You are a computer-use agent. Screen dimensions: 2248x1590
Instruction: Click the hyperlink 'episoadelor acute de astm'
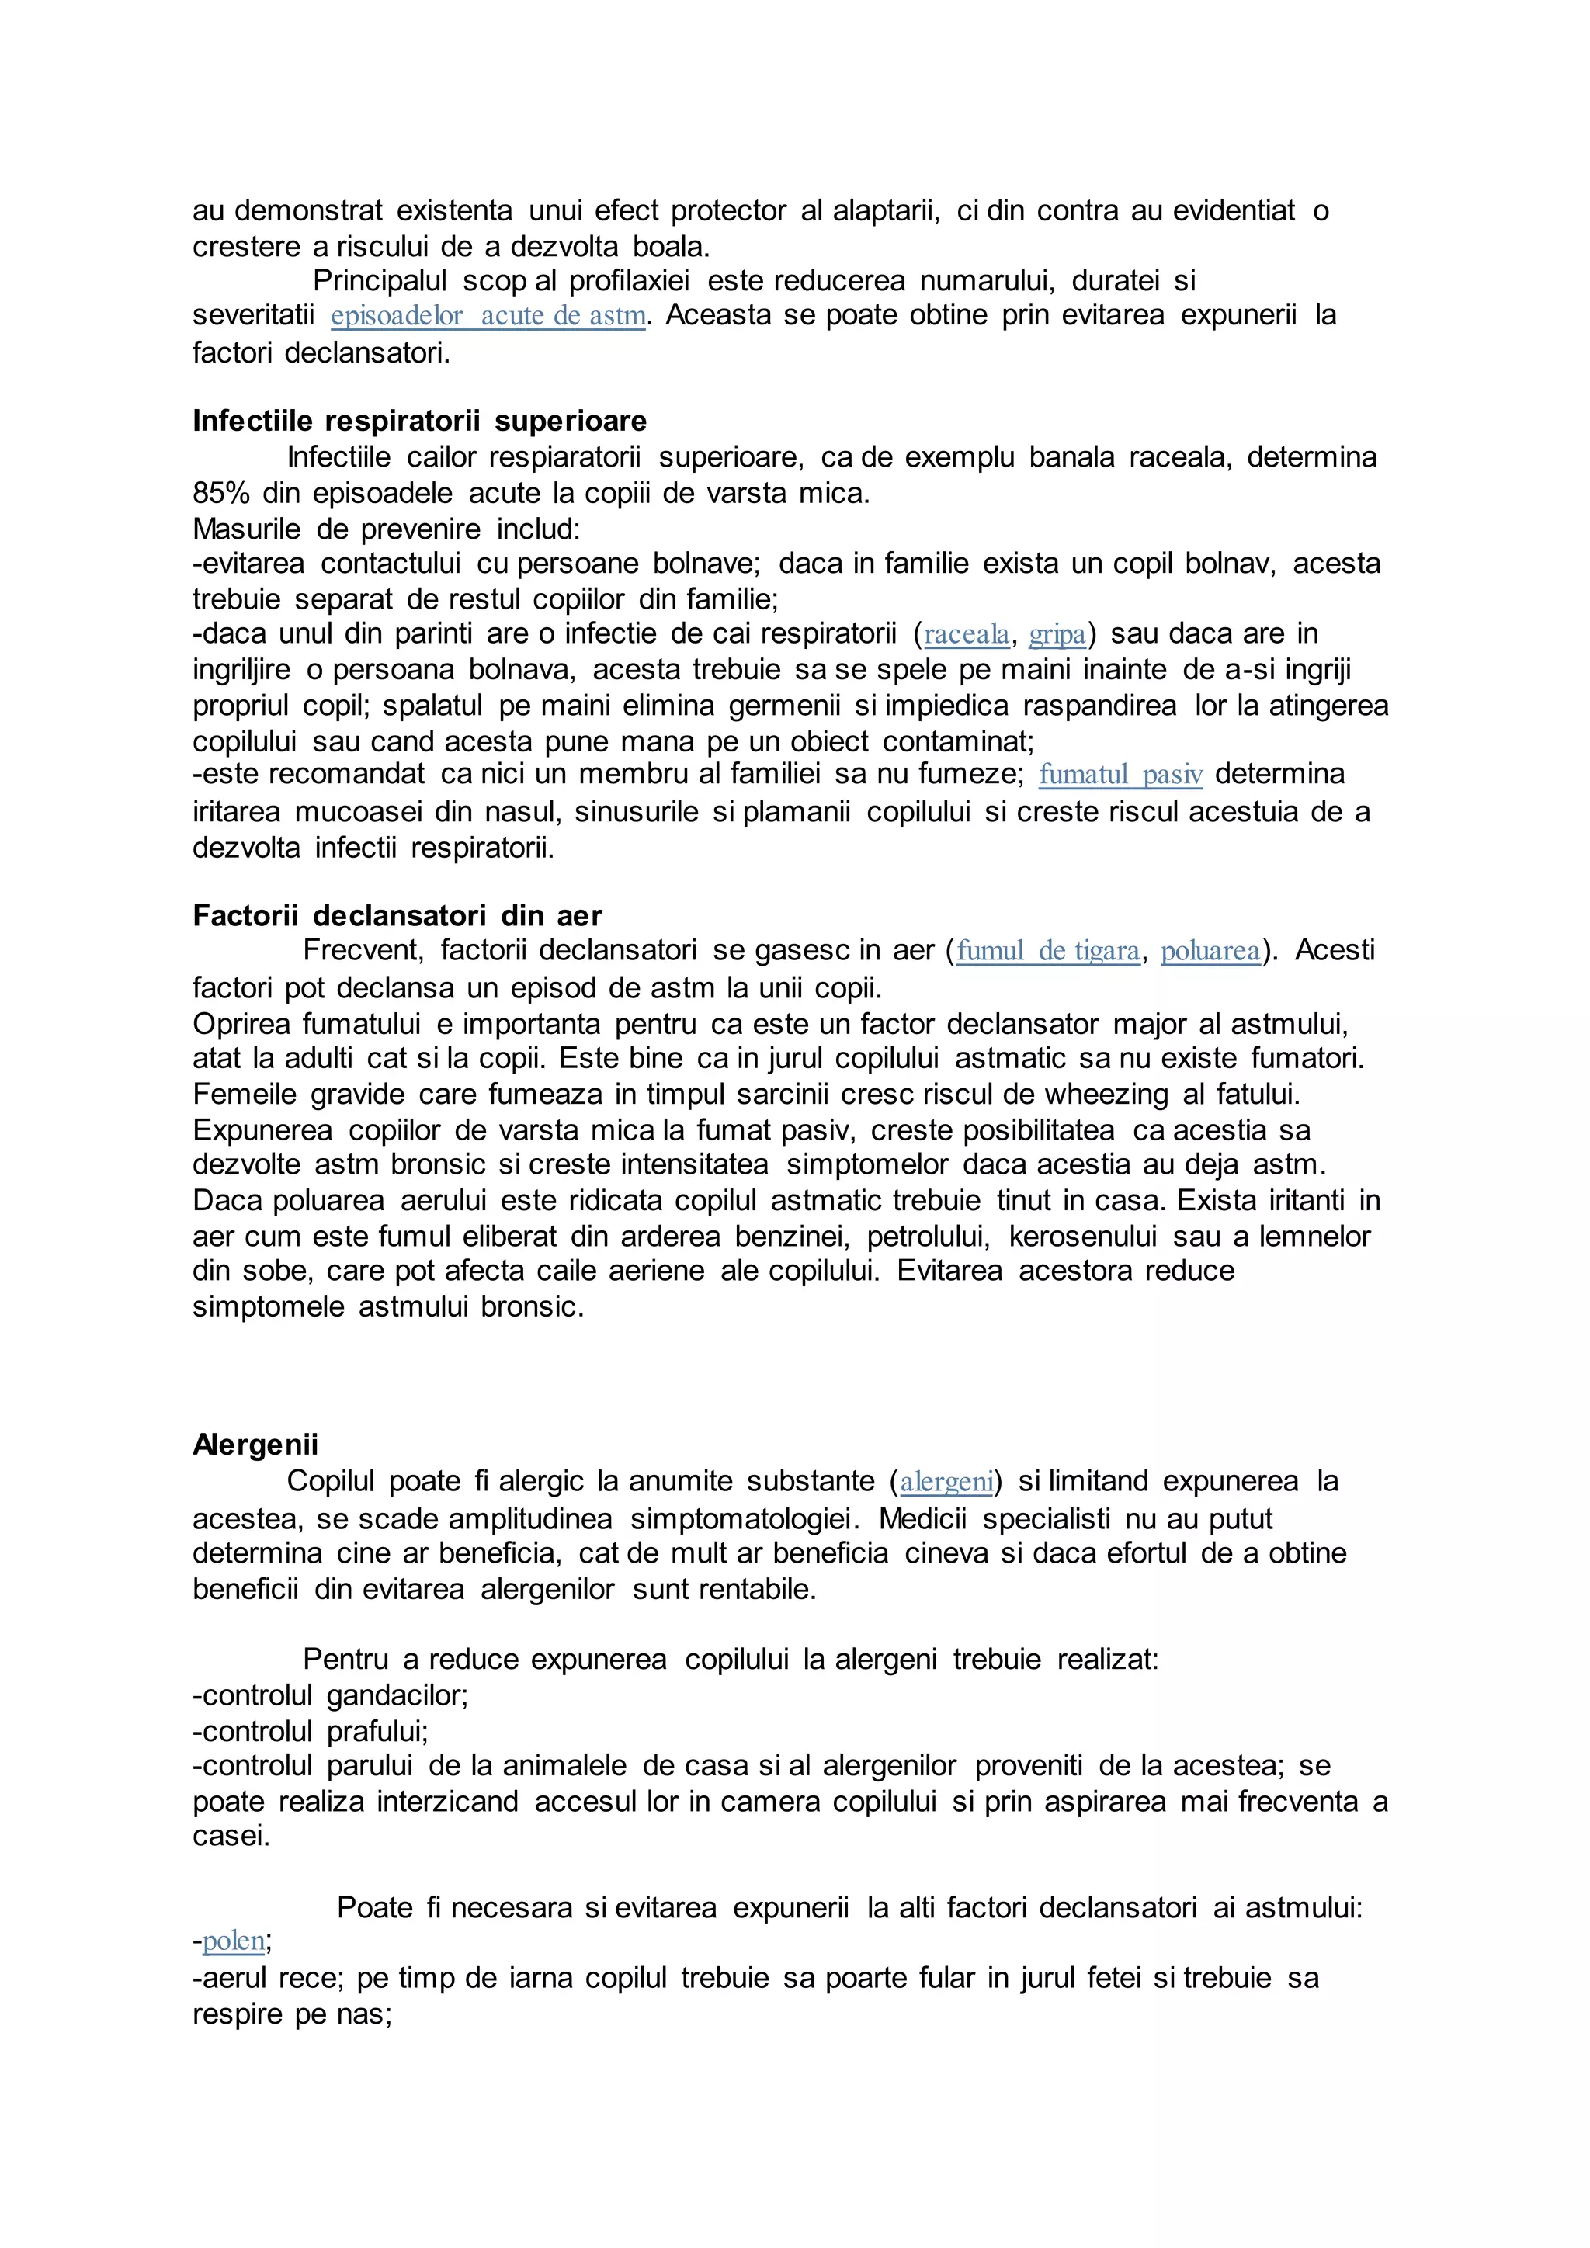point(488,316)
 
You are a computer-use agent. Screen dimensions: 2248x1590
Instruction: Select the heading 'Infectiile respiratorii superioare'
point(419,421)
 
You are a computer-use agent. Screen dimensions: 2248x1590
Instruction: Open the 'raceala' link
point(967,634)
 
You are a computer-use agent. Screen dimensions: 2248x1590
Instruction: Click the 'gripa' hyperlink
point(1057,634)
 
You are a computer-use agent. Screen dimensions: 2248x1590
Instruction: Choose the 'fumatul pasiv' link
point(1120,775)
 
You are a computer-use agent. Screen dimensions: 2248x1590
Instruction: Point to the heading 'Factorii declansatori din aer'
point(397,915)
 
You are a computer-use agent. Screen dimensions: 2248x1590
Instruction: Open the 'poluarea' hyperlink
point(1210,951)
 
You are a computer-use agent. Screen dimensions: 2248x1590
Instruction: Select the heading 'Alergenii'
point(255,1444)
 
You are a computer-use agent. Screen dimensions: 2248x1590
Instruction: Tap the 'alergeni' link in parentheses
point(946,1481)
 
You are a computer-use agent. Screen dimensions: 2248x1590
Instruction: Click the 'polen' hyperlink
point(233,1941)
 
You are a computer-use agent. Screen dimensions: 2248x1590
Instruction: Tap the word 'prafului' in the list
point(377,1731)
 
